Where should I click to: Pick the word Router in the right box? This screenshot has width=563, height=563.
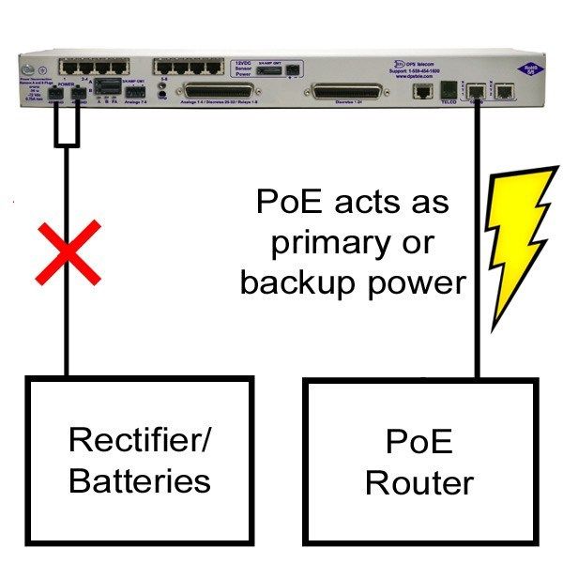pyautogui.click(x=418, y=483)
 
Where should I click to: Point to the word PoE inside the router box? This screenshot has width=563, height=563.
pyautogui.click(x=418, y=441)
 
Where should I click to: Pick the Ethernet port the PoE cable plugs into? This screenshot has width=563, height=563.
pyautogui.click(x=477, y=91)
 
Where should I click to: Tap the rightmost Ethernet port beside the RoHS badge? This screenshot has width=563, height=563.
pyautogui.click(x=505, y=91)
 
